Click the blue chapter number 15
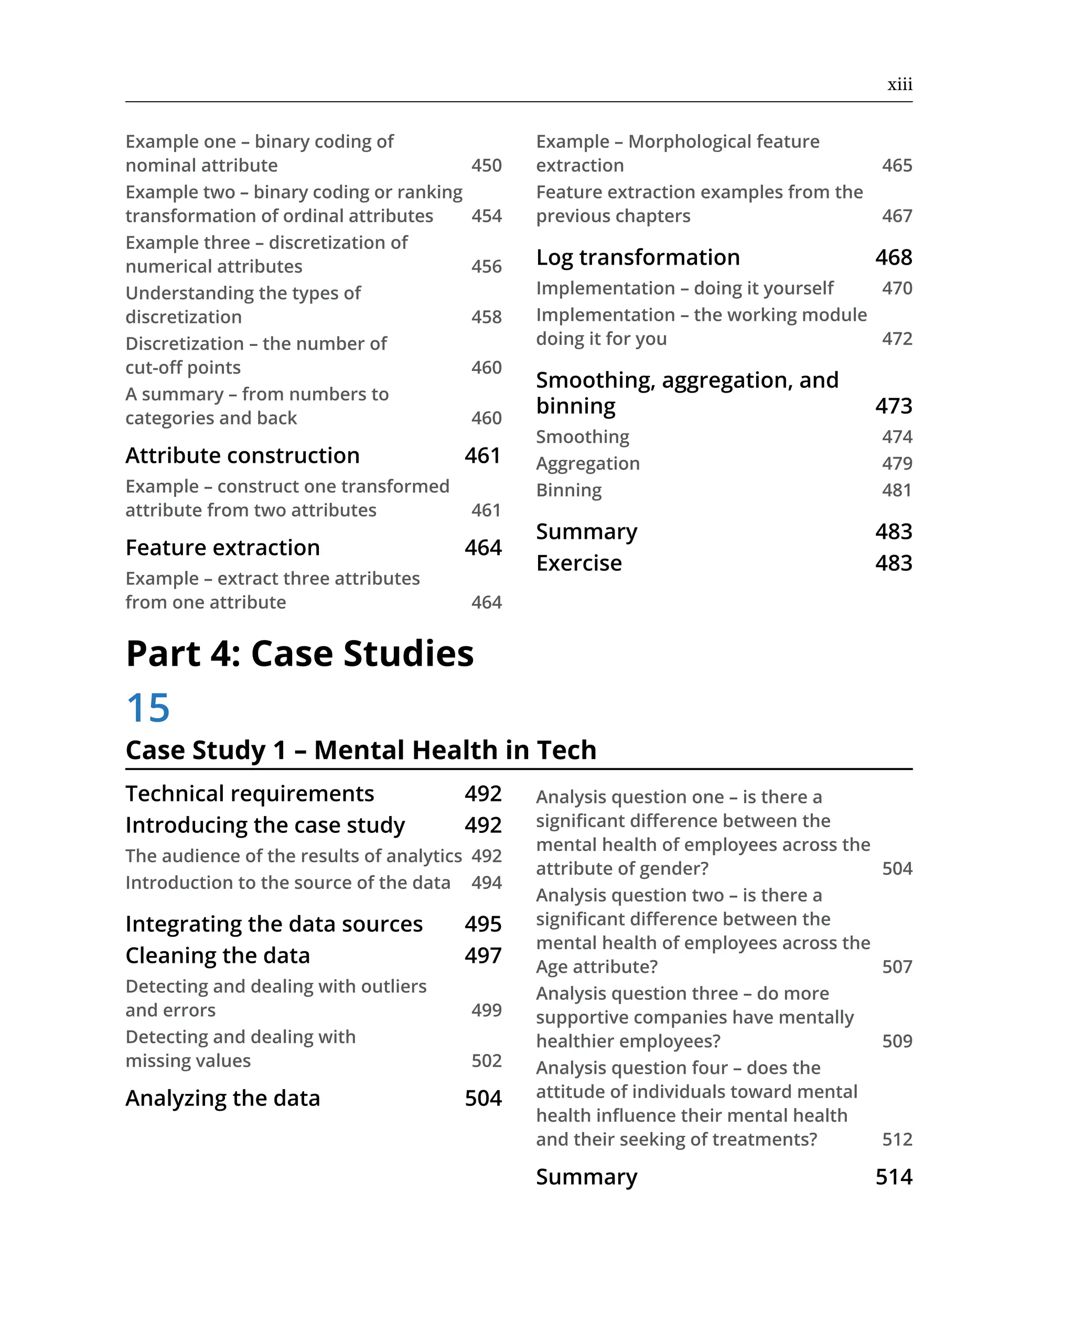[x=148, y=708]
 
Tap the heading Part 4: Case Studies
[x=299, y=653]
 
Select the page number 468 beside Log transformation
[x=894, y=257]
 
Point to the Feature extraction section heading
[x=223, y=547]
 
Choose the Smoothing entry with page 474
[x=582, y=437]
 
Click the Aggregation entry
[x=588, y=463]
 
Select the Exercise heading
[x=578, y=563]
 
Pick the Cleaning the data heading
[x=217, y=956]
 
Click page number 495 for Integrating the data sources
[x=482, y=924]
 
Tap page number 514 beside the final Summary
[x=894, y=1177]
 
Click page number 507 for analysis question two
[x=896, y=967]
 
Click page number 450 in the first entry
[x=486, y=165]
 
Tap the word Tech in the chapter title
[x=566, y=750]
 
